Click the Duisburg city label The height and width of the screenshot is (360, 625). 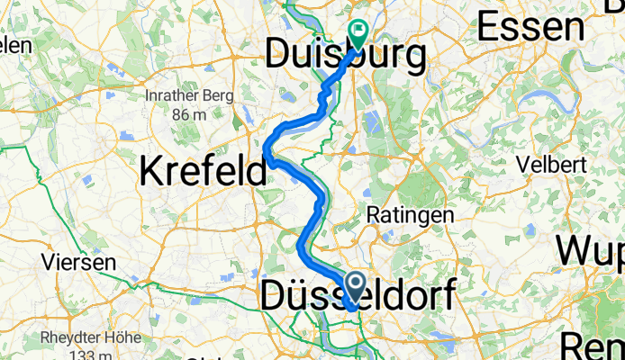(x=346, y=57)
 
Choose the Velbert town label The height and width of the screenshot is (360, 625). (x=552, y=165)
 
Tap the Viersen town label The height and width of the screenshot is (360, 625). (x=79, y=263)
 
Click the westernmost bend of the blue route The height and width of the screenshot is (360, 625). (x=268, y=148)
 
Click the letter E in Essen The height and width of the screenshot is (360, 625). (x=489, y=28)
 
